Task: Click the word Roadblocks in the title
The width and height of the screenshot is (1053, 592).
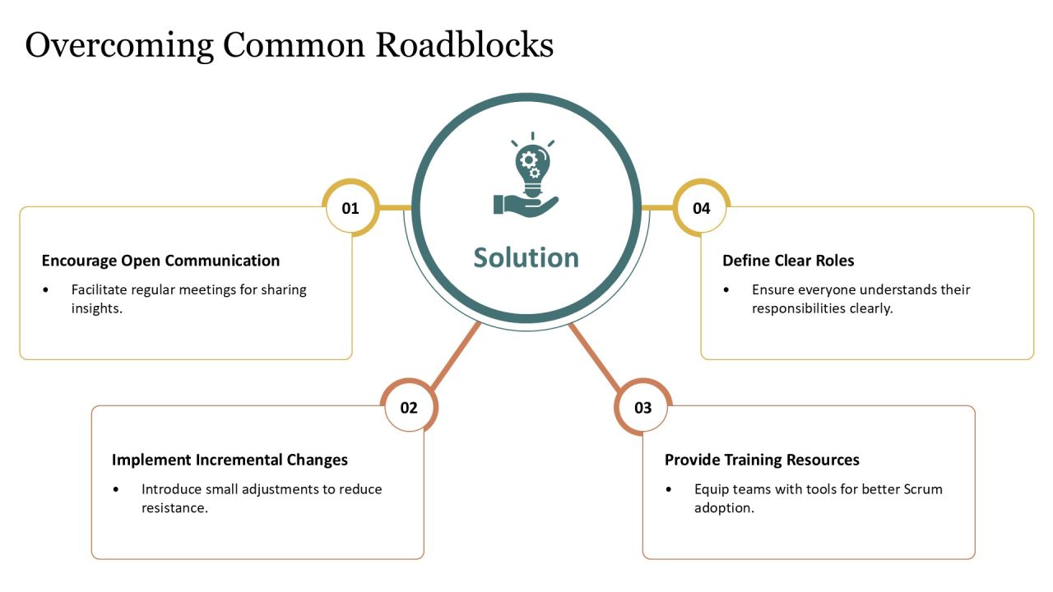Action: [x=465, y=45]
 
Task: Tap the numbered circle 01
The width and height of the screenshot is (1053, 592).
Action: [x=350, y=208]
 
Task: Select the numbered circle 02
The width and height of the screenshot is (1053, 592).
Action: [x=409, y=407]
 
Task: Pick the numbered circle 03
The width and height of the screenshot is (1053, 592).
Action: [x=643, y=407]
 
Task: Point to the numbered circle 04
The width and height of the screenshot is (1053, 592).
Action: [x=702, y=208]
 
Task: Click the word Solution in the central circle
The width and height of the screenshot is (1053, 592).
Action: [x=526, y=257]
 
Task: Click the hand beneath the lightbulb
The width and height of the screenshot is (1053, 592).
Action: [x=526, y=206]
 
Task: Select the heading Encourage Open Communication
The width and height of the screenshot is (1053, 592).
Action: [x=160, y=261]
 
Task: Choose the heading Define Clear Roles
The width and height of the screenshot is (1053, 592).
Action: [x=788, y=261]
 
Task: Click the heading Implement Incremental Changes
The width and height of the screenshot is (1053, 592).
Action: [x=230, y=460]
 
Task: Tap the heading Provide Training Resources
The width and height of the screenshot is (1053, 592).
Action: [x=762, y=460]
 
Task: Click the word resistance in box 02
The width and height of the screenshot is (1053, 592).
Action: [x=174, y=508]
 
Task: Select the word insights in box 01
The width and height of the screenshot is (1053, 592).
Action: [x=97, y=308]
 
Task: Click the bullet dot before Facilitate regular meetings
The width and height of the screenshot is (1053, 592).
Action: [x=45, y=290]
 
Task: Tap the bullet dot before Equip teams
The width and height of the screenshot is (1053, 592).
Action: [x=669, y=489]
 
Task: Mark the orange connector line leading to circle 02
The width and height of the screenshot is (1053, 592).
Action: [x=455, y=356]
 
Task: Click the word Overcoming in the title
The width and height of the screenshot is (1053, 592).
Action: [x=119, y=46]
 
